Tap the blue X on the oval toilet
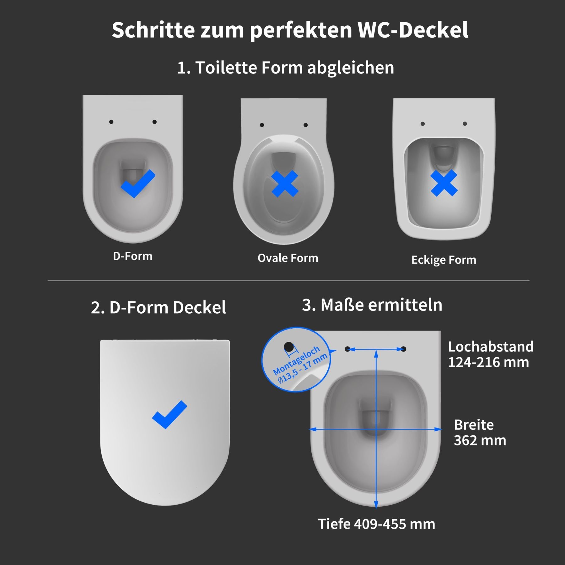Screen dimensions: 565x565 click(x=285, y=184)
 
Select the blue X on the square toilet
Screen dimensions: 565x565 click(x=444, y=183)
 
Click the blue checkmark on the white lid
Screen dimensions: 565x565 click(x=169, y=414)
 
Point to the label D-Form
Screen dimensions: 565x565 click(x=133, y=256)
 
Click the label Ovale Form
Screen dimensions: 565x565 click(x=288, y=258)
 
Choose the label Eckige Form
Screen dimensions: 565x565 click(x=444, y=260)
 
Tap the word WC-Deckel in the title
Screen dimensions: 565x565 click(x=413, y=30)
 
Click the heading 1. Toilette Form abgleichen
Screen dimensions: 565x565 click(x=286, y=68)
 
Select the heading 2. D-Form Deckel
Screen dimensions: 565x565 click(x=159, y=307)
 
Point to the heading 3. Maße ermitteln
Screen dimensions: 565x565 click(x=372, y=305)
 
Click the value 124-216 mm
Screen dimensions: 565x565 click(x=488, y=362)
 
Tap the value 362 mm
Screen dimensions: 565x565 click(x=480, y=440)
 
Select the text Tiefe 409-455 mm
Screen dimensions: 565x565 click(x=377, y=524)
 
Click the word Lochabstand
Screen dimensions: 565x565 click(x=491, y=347)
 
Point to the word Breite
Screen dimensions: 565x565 click(x=474, y=425)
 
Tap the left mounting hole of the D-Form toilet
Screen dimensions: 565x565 click(x=111, y=122)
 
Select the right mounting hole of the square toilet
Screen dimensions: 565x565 click(x=465, y=124)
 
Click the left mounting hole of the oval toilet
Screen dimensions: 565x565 click(x=262, y=125)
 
